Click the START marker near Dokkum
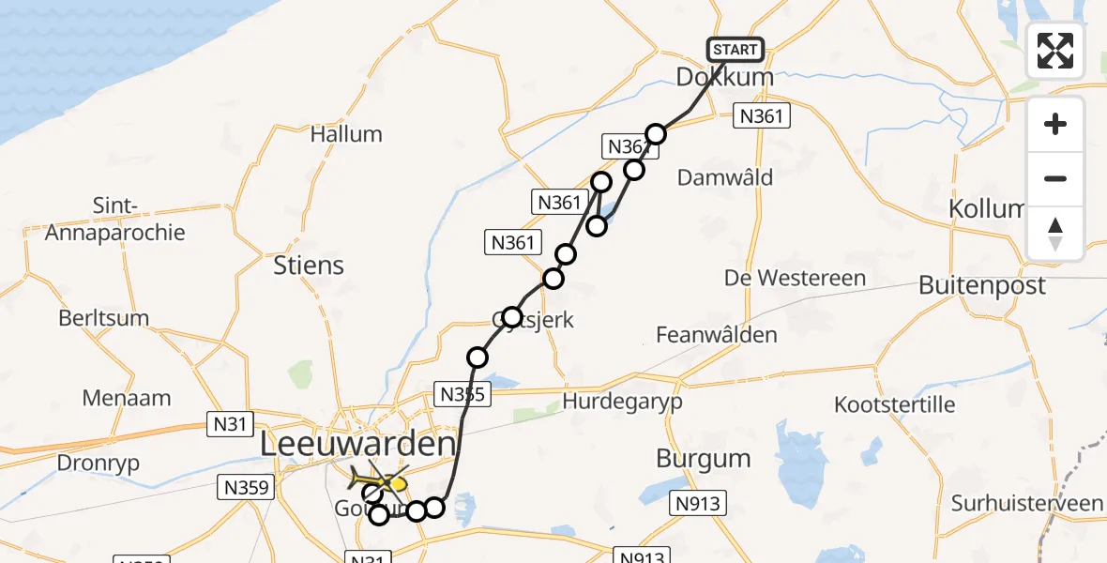(735, 50)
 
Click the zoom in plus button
(1055, 124)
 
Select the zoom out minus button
(1055, 178)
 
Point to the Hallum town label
(346, 134)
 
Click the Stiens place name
(309, 266)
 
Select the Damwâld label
(725, 176)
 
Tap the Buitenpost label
(981, 285)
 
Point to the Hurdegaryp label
(623, 402)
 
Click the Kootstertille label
(895, 404)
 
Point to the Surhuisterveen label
(1026, 504)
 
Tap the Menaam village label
(127, 398)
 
